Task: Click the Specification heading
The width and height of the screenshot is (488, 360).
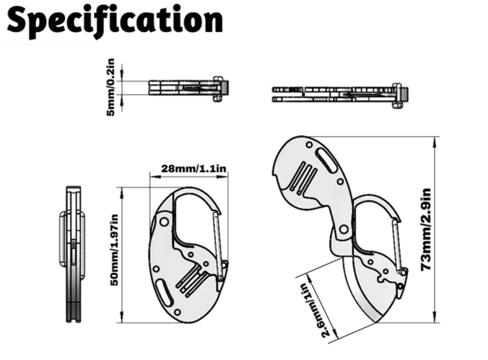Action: coord(115,20)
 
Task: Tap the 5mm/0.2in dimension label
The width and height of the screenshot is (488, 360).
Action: coord(111,87)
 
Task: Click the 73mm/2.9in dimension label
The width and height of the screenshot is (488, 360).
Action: coord(426,229)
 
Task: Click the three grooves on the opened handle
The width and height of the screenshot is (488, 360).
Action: coord(304,178)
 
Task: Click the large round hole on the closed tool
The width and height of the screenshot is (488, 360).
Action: coord(164,221)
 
